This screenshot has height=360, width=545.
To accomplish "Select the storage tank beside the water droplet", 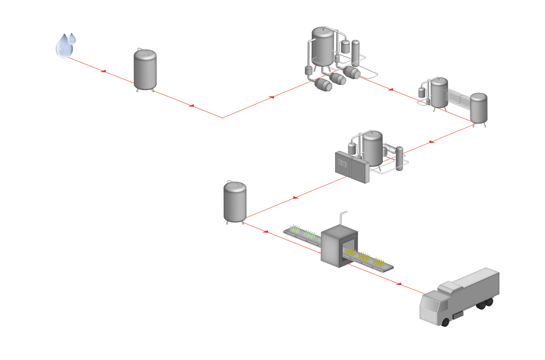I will tap(145, 69).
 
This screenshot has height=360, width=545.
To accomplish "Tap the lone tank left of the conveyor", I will tap(235, 201).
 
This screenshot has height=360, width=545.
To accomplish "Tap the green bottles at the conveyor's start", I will tap(302, 232).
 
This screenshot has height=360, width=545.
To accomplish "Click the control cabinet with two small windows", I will tap(350, 167).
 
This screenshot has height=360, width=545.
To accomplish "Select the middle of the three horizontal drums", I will tap(339, 79).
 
